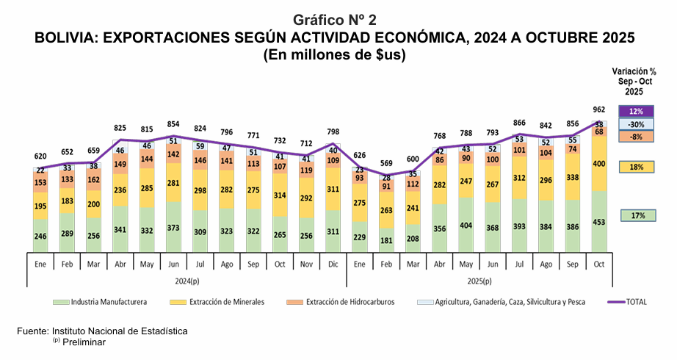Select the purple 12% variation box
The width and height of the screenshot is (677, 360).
(x=636, y=111)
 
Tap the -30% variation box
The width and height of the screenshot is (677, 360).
(x=636, y=124)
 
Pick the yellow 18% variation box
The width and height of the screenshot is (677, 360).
(x=636, y=167)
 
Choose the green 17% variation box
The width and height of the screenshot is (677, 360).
(x=636, y=215)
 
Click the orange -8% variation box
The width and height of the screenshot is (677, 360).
(x=636, y=137)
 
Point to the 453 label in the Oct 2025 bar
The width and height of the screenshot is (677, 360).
(x=599, y=223)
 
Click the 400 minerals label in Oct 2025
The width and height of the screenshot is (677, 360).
(x=599, y=163)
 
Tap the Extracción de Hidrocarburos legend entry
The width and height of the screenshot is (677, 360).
(x=350, y=301)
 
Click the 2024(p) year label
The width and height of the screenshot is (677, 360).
(x=189, y=281)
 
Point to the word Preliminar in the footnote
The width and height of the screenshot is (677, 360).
(x=84, y=342)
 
